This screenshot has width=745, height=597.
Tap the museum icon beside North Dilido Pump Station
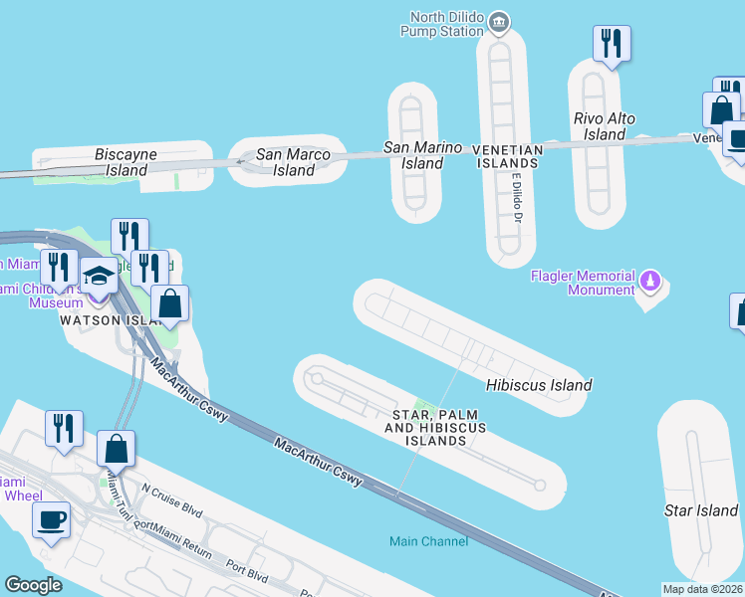click(x=501, y=21)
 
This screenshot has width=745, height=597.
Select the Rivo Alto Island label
click(x=605, y=126)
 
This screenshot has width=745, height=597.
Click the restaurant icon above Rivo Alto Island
click(x=612, y=43)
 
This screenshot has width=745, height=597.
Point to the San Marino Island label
click(x=423, y=155)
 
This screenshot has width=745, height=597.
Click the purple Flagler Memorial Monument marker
click(x=650, y=282)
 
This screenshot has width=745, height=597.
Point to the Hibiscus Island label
click(x=539, y=385)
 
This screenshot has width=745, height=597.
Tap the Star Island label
click(x=701, y=510)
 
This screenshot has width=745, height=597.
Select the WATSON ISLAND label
click(x=109, y=320)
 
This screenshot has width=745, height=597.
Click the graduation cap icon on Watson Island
click(x=99, y=277)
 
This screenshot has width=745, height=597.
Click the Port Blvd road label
click(x=248, y=570)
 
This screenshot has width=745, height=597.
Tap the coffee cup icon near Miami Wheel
click(x=52, y=518)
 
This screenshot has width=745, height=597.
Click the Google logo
click(x=34, y=585)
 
